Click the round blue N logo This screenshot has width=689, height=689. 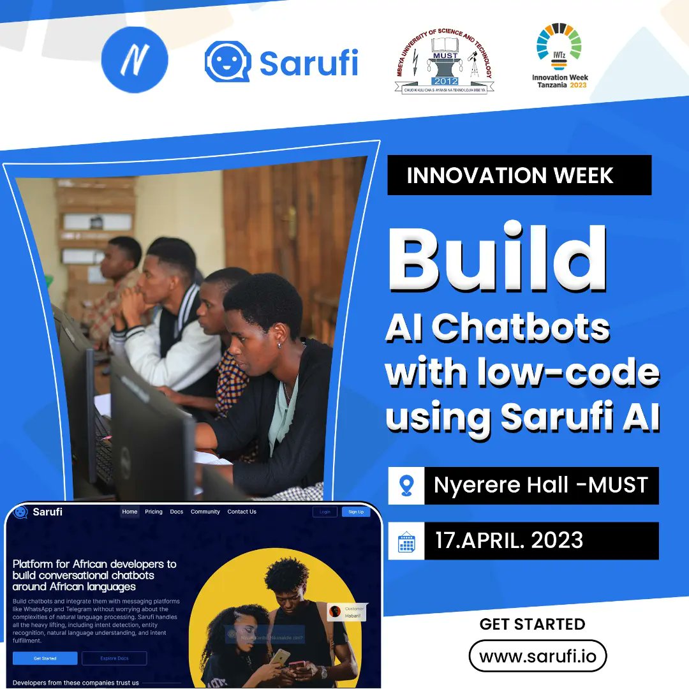tap(135, 59)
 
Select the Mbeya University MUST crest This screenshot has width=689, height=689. tap(444, 62)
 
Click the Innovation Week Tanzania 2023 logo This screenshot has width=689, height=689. tap(559, 57)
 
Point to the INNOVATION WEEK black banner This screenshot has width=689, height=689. tap(519, 175)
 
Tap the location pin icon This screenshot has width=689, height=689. tap(406, 485)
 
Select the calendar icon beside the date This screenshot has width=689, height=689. tap(406, 541)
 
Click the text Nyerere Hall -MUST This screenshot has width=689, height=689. tap(540, 485)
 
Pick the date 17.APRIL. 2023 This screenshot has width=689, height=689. tap(509, 541)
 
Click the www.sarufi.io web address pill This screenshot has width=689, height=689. tap(537, 656)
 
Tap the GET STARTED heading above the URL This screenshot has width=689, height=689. tap(532, 624)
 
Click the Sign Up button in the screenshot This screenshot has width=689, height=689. tap(356, 512)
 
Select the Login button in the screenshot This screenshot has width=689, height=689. tap(325, 512)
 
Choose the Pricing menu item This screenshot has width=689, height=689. tap(154, 512)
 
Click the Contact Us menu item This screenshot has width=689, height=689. tap(242, 512)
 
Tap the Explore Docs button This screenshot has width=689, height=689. tap(114, 658)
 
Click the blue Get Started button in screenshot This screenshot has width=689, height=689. tap(45, 658)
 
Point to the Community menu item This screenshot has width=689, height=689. tap(205, 512)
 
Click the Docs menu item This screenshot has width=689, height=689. tap(177, 512)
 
